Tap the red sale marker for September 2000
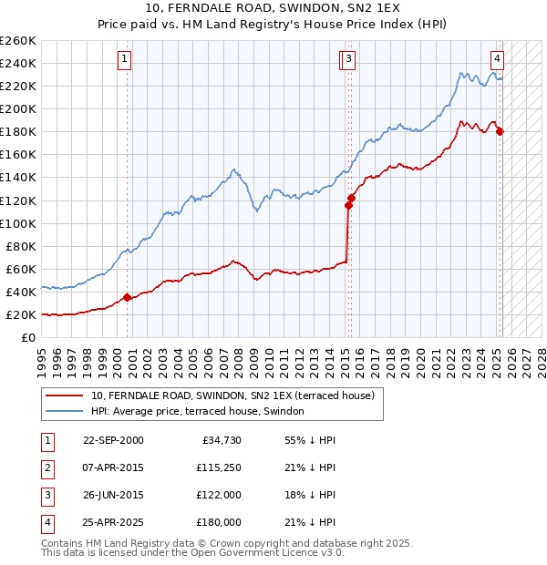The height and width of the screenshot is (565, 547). click(127, 296)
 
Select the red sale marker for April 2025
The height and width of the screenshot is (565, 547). click(500, 131)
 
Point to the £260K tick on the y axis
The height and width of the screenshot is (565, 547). click(18, 40)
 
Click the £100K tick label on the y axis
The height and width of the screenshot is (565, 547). click(18, 223)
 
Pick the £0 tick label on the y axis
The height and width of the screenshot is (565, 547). click(29, 337)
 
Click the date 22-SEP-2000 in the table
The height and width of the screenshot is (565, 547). click(113, 440)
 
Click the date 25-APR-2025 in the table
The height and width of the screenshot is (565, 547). click(113, 522)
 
